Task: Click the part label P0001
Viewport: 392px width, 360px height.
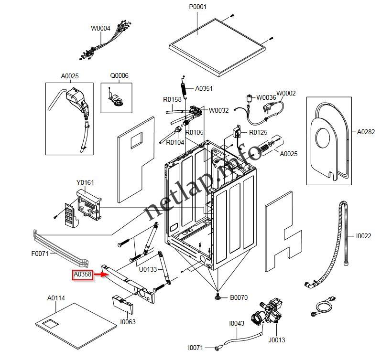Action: coord(198,7)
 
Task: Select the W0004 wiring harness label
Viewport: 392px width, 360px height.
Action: coord(100,28)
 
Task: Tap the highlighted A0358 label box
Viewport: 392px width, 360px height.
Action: coord(82,275)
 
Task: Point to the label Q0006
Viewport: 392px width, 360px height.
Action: coord(119,75)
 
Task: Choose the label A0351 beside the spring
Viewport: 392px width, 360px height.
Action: coord(204,88)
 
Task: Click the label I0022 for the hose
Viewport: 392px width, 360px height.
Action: coord(363,236)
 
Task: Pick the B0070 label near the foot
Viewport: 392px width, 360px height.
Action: coord(239,297)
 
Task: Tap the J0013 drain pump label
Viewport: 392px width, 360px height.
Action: coord(277,340)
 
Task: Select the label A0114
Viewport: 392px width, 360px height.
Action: coord(56,298)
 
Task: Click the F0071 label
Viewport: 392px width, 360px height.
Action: coord(41,254)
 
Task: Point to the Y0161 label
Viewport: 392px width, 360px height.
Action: coord(85,182)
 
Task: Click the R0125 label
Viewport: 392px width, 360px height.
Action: coord(258,132)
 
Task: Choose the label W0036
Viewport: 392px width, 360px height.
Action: coord(266,98)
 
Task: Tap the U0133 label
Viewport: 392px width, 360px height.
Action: coord(148,270)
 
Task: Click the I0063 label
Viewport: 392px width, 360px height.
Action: coord(128,322)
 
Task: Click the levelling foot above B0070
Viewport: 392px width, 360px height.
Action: coord(218,297)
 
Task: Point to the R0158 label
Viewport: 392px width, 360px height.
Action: coord(172,100)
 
